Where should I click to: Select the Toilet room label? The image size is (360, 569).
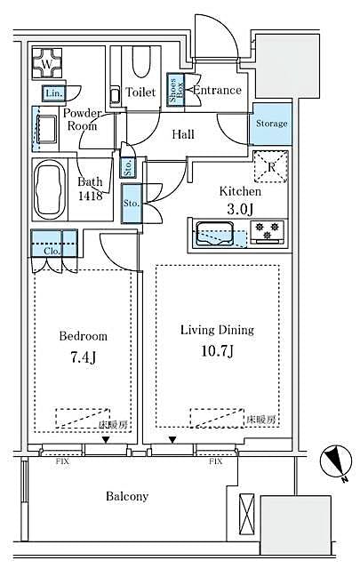point(140,92)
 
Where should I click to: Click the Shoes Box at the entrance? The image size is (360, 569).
point(177,92)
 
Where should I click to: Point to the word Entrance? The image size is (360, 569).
point(216,91)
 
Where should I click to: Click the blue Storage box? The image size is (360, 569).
point(271,124)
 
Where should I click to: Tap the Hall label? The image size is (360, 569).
point(184,134)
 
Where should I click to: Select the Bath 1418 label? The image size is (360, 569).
point(90,188)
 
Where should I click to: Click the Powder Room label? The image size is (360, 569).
point(81,120)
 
